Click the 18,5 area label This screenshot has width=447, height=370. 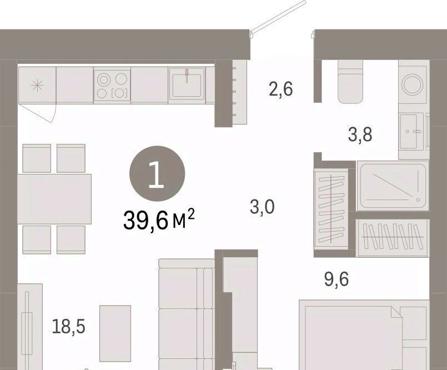[x=69, y=327]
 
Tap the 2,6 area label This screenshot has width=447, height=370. [x=281, y=89]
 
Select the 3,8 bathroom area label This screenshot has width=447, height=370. [x=360, y=134]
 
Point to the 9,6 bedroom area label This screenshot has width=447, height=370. [x=336, y=279]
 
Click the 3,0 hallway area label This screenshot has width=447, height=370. [x=262, y=207]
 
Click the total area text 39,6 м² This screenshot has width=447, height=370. [x=159, y=219]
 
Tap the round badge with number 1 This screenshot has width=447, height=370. [x=157, y=174]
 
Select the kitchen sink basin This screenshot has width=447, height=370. [x=187, y=83]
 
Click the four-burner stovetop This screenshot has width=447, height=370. [x=112, y=85]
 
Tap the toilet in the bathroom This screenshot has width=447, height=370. [x=350, y=82]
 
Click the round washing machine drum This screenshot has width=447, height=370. [x=413, y=84]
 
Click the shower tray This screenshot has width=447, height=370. [x=393, y=186]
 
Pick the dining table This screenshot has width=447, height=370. [x=54, y=199]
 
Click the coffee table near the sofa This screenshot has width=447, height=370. [x=115, y=333]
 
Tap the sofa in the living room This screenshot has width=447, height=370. [x=187, y=314]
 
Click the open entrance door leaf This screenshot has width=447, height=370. [x=278, y=17]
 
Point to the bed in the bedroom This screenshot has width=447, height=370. [x=364, y=335]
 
